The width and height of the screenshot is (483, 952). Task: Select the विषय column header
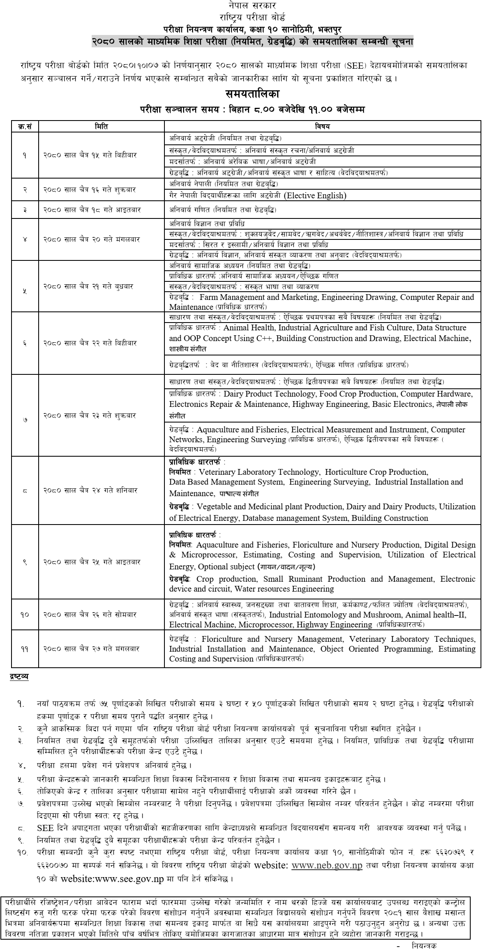click(322, 127)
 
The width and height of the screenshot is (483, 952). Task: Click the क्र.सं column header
click(25, 127)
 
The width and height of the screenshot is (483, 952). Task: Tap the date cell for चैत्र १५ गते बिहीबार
click(90, 155)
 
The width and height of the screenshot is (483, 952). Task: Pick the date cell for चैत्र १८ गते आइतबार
click(92, 210)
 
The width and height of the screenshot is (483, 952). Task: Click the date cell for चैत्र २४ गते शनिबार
click(90, 490)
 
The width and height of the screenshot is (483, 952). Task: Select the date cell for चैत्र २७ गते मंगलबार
click(91, 649)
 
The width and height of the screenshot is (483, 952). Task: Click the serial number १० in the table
click(25, 615)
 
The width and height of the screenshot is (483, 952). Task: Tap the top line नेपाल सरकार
click(241, 6)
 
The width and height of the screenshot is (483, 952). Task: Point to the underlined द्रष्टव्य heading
click(19, 677)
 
